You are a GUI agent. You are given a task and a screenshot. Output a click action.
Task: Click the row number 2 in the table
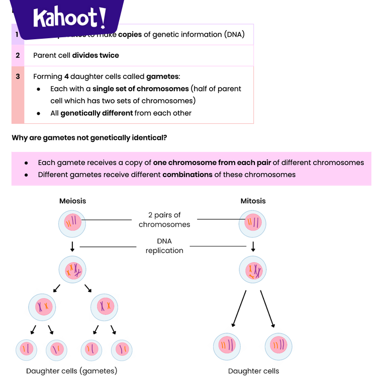pos(18,55)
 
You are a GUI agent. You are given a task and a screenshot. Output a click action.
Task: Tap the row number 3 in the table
pos(18,76)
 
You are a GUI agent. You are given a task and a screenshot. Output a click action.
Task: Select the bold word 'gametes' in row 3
pos(162,76)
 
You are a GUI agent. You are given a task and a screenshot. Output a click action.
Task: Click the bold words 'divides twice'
pos(96,55)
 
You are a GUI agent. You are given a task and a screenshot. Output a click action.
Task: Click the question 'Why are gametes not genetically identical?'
pos(89,137)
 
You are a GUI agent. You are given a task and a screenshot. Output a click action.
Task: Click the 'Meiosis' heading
pos(73,201)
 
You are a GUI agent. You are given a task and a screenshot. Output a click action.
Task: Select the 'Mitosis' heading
pos(253,201)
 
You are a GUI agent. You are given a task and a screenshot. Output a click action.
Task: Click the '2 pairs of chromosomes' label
pos(164,220)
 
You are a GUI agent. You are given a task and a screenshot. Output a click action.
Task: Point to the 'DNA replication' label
pos(164,246)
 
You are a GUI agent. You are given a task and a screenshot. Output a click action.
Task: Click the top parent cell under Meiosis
pos(73,222)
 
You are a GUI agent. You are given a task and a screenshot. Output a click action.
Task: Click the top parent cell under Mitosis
pos(253,222)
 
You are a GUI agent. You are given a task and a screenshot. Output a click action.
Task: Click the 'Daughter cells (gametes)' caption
pos(71,371)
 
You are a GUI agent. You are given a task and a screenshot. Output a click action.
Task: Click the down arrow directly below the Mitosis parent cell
pos(253,246)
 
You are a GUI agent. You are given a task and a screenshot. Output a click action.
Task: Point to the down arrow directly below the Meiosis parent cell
pos(73,246)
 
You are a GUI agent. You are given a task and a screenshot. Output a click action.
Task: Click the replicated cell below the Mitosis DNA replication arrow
pos(253,270)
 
